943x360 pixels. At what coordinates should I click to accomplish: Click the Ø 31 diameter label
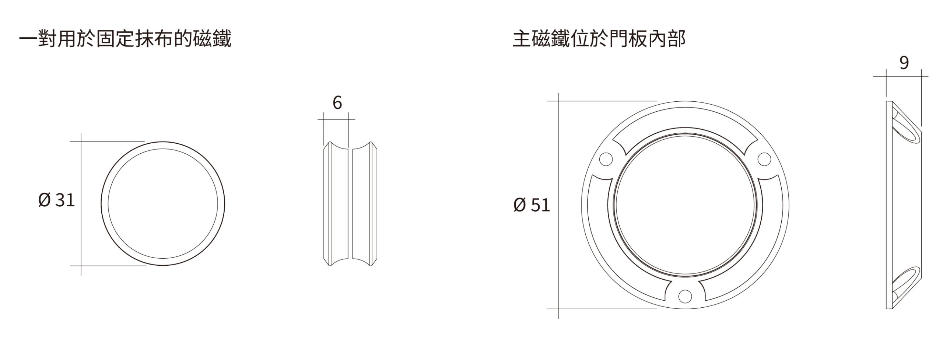[57, 200]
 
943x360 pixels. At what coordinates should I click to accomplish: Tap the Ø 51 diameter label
[532, 205]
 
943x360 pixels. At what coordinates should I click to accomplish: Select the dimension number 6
[337, 102]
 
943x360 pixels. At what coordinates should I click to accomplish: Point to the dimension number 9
[904, 63]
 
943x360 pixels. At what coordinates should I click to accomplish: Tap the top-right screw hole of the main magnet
[764, 159]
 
